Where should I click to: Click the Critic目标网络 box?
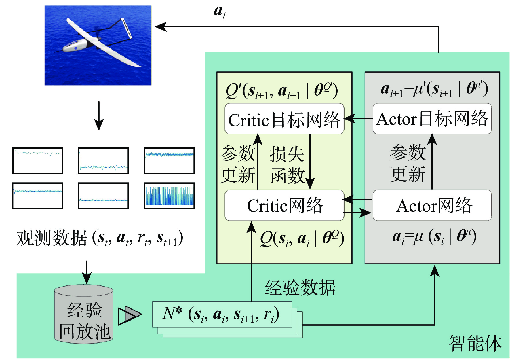point(284,119)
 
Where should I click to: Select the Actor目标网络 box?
point(432,119)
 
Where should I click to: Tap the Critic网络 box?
point(284,205)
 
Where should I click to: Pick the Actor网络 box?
point(432,205)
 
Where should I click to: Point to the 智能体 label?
point(475,343)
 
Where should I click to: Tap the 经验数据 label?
point(300,288)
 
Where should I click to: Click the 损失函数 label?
point(287,164)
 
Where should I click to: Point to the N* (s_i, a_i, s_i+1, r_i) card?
point(222,314)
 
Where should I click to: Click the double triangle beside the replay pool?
point(130,315)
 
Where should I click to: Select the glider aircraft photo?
point(98,46)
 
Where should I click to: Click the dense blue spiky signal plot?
point(169,196)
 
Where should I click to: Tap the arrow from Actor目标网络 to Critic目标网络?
point(358,118)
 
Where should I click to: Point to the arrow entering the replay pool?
point(87,272)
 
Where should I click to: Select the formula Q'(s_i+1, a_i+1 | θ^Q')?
point(281,91)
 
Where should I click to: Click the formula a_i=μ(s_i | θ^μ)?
point(434,237)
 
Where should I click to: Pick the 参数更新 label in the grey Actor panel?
point(408,163)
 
